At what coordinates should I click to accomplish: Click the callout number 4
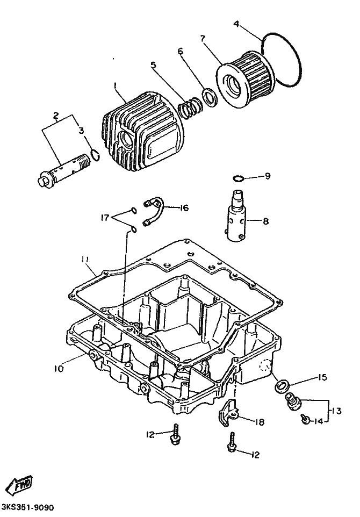coord(236,24)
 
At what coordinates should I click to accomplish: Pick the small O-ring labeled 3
coord(94,155)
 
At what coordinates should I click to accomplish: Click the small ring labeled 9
coord(238,178)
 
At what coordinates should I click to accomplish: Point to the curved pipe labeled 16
coord(154,211)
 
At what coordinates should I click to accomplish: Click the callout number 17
coord(105,218)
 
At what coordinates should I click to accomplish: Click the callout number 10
coord(59,368)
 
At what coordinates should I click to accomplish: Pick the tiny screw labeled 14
coord(305,419)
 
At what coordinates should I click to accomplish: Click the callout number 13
coord(336,411)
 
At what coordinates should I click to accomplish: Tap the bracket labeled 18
coord(229,413)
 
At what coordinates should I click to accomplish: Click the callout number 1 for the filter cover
coord(115,86)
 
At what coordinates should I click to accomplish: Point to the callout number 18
coord(260,422)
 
